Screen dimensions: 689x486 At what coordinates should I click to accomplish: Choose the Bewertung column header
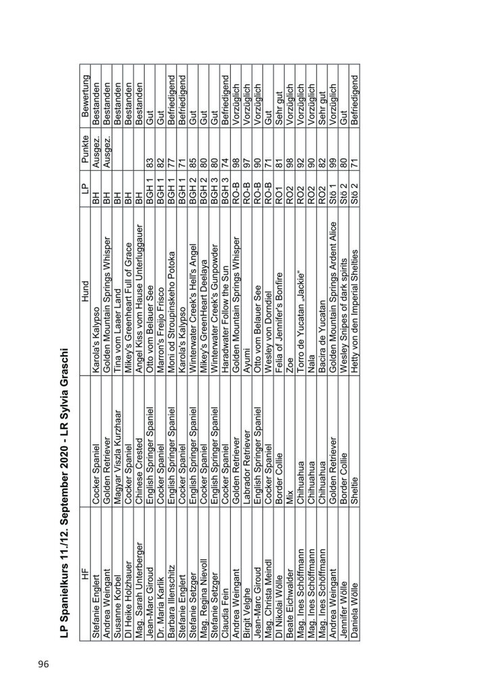click(x=85, y=94)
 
